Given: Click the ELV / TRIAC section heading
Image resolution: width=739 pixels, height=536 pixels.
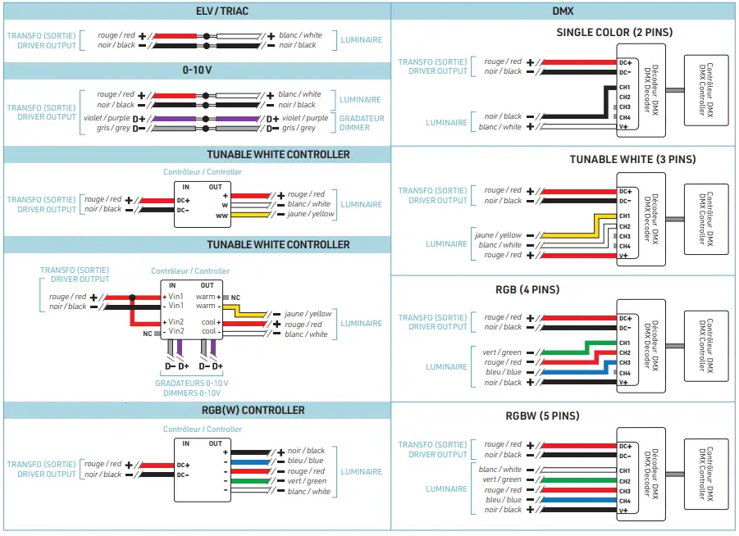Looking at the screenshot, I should (x=222, y=11).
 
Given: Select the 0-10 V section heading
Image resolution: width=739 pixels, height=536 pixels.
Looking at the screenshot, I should (x=197, y=70).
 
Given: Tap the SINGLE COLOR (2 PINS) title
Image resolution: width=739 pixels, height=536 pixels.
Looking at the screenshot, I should (x=614, y=33).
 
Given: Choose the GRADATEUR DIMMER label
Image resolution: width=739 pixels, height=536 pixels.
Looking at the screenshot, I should (x=361, y=123).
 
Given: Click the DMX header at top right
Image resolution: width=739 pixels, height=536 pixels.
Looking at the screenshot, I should (x=563, y=11).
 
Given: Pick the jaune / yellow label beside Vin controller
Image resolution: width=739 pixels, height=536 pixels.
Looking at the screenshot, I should (x=308, y=314).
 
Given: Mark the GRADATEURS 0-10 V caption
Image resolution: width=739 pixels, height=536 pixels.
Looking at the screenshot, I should (x=192, y=383).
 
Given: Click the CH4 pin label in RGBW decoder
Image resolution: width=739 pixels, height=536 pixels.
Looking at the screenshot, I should (x=625, y=500).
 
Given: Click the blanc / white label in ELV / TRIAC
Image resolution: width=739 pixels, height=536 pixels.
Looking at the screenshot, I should (x=300, y=35).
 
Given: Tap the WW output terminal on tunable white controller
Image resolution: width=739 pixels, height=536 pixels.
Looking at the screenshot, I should (x=221, y=215).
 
